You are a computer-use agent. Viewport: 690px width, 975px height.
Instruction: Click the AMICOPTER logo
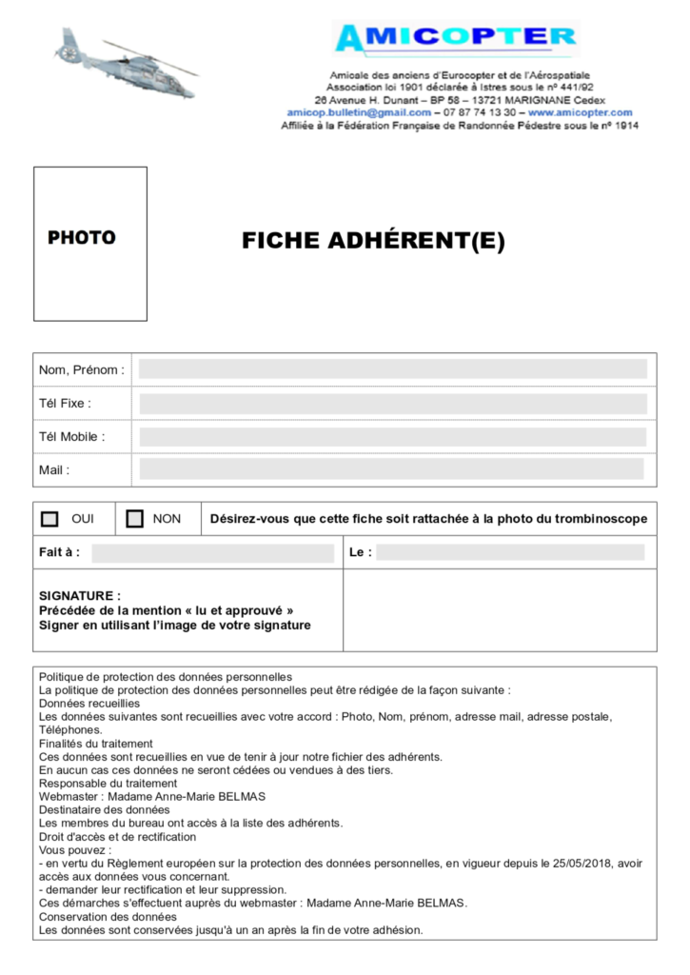[x=456, y=38]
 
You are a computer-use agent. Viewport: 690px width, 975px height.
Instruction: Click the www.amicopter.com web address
[x=580, y=112]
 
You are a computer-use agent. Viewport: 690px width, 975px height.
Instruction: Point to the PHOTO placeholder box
[x=90, y=244]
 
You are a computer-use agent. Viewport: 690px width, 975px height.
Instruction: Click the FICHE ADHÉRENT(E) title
[x=373, y=242]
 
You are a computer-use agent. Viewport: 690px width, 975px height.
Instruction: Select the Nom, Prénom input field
[x=393, y=369]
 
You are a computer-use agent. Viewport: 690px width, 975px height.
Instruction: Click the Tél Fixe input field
[x=393, y=404]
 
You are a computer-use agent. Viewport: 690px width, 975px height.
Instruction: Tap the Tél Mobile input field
[x=393, y=437]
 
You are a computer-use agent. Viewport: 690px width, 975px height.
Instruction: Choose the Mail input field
[x=391, y=469]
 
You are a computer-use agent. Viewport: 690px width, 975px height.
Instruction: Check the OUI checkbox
[x=50, y=519]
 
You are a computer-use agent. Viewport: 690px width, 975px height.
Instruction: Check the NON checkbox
[x=135, y=519]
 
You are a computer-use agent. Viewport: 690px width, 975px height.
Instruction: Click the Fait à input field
[x=213, y=553]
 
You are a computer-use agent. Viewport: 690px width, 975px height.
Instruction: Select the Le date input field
[x=510, y=552]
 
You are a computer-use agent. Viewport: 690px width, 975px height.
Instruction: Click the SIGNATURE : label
[x=80, y=596]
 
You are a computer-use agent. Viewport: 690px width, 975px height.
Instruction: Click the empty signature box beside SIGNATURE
[x=500, y=610]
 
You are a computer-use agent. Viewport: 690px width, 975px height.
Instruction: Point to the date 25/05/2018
[x=581, y=864]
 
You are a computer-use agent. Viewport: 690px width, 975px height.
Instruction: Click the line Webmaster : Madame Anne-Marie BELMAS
[x=152, y=796]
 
